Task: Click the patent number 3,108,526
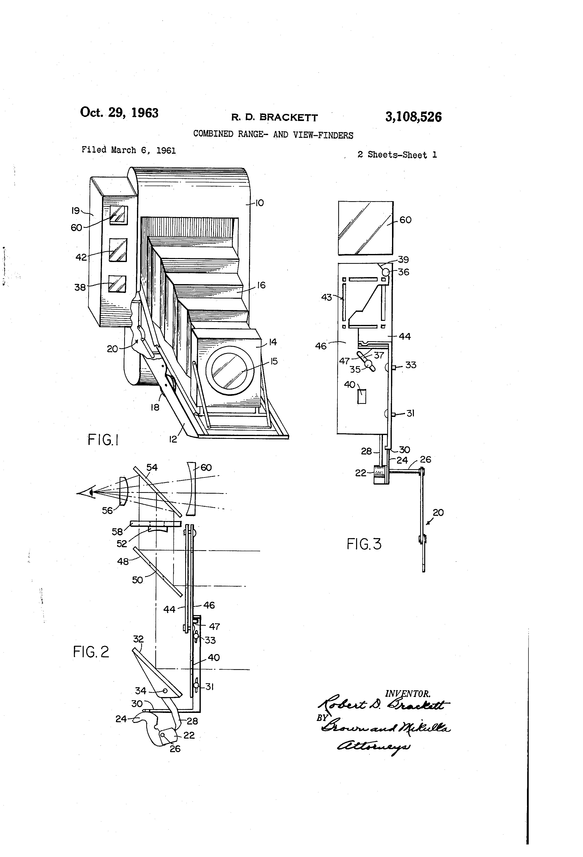[x=413, y=117]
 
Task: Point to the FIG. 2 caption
[x=91, y=652]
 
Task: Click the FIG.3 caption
[x=364, y=544]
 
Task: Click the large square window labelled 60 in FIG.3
[x=366, y=228]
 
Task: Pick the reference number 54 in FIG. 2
[x=152, y=467]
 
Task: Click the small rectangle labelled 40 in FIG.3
[x=362, y=396]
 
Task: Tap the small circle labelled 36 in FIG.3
[x=385, y=272]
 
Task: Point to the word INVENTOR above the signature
[x=408, y=694]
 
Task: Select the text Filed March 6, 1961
[x=129, y=150]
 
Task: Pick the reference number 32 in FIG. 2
[x=138, y=639]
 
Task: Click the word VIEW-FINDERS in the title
[x=323, y=135]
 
